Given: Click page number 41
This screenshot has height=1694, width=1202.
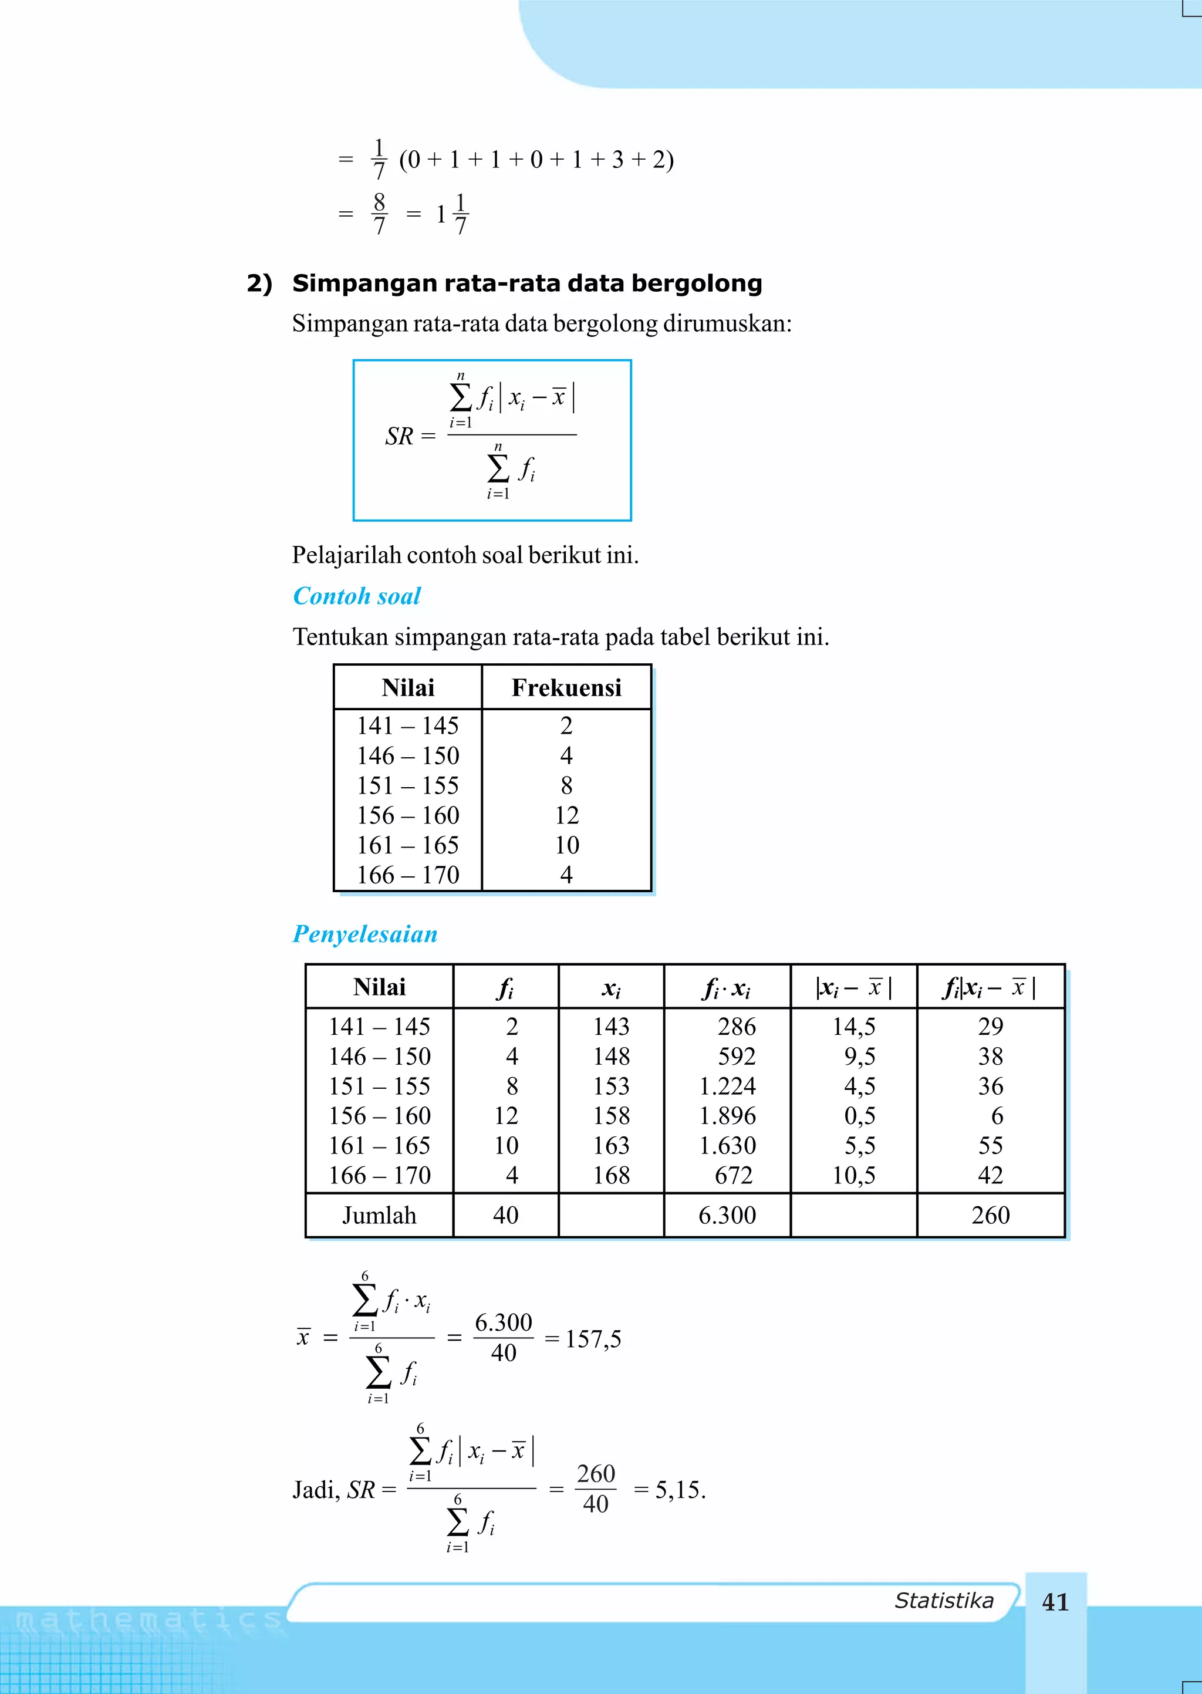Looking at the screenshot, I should coord(1055,1602).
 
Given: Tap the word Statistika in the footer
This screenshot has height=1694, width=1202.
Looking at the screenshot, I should coord(944,1601).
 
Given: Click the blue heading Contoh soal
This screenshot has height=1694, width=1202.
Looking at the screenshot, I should coord(357,596).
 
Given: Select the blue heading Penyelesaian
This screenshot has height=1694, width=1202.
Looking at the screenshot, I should coord(365,934).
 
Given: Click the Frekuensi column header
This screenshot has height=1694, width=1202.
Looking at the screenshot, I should coord(566,687).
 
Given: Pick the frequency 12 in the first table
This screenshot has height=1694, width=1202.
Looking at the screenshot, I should coord(566,815).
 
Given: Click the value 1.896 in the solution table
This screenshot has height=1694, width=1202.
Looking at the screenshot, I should coord(728,1115).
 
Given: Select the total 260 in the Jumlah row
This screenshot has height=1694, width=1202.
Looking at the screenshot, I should coord(990,1214).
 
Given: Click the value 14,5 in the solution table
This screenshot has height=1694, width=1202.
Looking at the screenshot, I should coord(853,1025).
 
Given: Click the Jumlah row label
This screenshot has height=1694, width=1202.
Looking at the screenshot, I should coord(379,1214).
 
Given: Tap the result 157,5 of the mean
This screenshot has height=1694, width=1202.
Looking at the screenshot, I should coord(593,1338).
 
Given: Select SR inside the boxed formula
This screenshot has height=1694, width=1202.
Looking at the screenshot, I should coord(399,437).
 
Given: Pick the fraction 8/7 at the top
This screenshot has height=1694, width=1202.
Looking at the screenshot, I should coord(380,214).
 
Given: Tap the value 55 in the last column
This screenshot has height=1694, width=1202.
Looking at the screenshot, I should coord(990,1145).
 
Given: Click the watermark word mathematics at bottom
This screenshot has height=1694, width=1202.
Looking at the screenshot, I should coord(148,1621).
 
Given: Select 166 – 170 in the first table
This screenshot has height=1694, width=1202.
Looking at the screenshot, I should coord(408,875).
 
